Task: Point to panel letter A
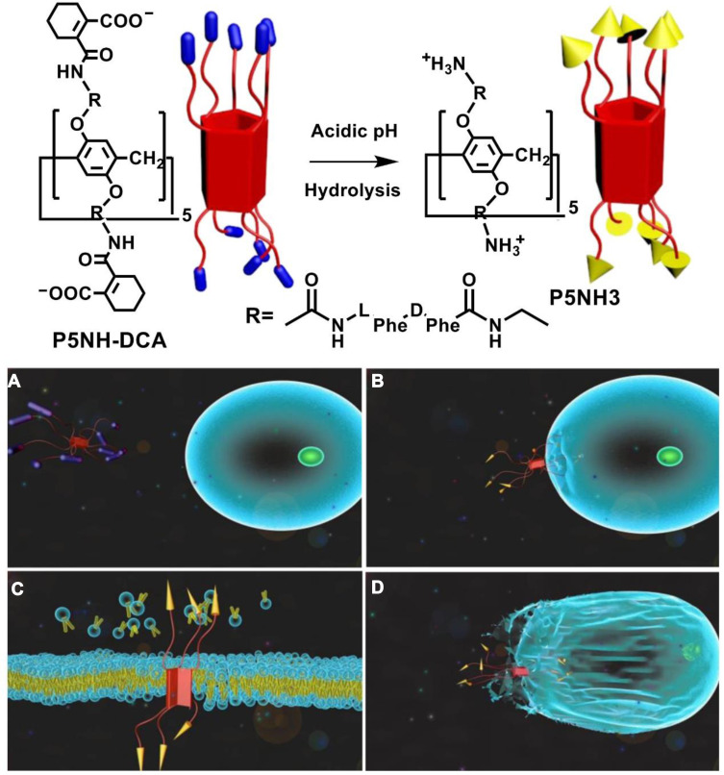(14, 382)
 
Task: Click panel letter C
(14, 586)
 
